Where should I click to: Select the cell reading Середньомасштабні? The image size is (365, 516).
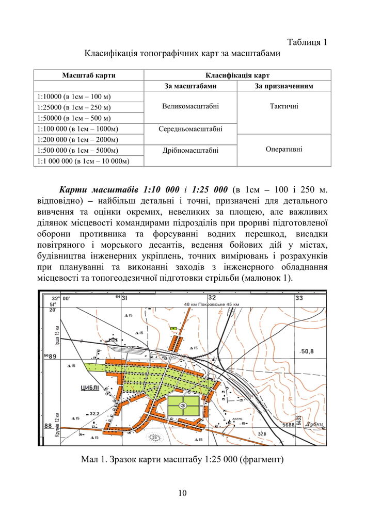point(191,128)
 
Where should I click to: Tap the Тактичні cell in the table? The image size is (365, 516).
point(284,107)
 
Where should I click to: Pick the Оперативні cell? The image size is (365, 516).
point(284,150)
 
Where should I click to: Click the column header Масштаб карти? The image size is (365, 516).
point(88,75)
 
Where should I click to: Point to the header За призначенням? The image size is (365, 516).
point(284,86)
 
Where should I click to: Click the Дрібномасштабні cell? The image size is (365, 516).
point(191,150)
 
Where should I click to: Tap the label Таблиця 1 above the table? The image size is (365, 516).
point(307,42)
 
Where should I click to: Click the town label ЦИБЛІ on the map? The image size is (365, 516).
point(90,389)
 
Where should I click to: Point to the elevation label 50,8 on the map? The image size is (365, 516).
point(308,351)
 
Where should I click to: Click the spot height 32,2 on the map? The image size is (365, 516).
point(94,413)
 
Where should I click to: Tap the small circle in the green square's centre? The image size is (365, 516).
point(183,406)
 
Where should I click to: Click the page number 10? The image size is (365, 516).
point(182,493)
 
